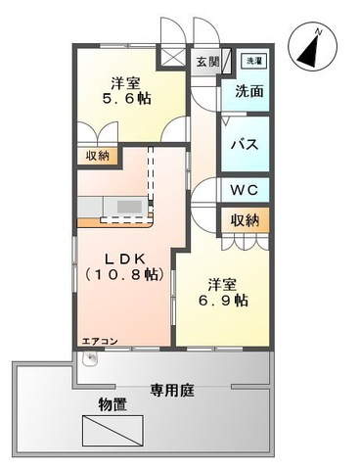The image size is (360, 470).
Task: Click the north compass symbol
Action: tap(317, 47)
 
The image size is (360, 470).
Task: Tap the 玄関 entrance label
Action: tap(206, 63)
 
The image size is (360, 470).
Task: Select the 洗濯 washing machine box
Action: tap(251, 61)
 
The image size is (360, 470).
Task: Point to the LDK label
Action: tap(125, 259)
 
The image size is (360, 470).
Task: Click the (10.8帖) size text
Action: tap(124, 277)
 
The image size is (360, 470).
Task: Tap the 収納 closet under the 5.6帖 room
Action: tap(97, 155)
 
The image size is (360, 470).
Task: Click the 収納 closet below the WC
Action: tap(245, 220)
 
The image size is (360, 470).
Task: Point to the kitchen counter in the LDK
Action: tap(112, 206)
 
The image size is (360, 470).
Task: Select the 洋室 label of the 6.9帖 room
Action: tap(222, 284)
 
